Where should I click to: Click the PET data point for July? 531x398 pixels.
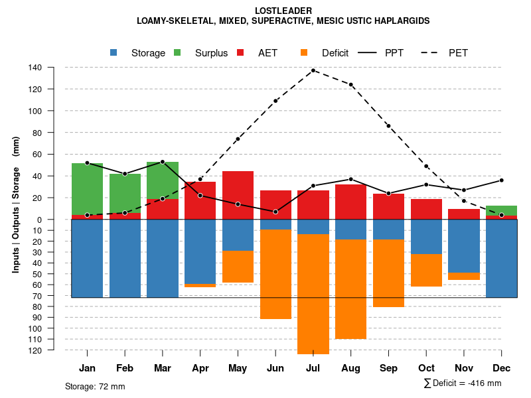tap(313, 70)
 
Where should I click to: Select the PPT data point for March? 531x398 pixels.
tap(163, 162)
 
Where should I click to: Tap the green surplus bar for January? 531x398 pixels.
tap(88, 188)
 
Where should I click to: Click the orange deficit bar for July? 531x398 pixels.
tap(313, 294)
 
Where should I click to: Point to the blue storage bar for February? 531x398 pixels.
tap(125, 258)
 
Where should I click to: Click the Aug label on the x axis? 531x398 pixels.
tap(350, 368)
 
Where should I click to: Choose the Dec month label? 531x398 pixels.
tap(501, 368)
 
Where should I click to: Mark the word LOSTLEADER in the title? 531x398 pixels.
tap(283, 11)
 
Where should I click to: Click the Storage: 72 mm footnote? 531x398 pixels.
tap(95, 386)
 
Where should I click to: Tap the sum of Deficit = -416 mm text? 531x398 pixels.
tap(463, 383)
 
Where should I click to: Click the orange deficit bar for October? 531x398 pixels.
tap(426, 270)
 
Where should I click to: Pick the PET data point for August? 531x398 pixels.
tap(350, 85)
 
